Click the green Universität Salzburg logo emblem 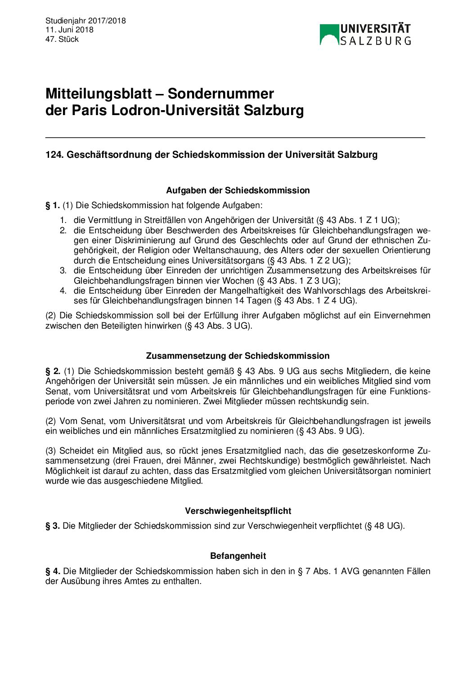[329, 35]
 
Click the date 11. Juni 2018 [69, 30]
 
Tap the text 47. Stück [62, 39]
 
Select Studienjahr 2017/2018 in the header [85, 21]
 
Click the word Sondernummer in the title [220, 94]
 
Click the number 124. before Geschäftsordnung [54, 155]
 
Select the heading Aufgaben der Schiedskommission [238, 190]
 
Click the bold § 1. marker [52, 205]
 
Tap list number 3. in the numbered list [63, 271]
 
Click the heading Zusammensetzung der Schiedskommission [238, 356]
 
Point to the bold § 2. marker [53, 371]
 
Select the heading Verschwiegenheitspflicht [238, 511]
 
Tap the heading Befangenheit [238, 556]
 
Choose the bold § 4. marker [53, 571]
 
